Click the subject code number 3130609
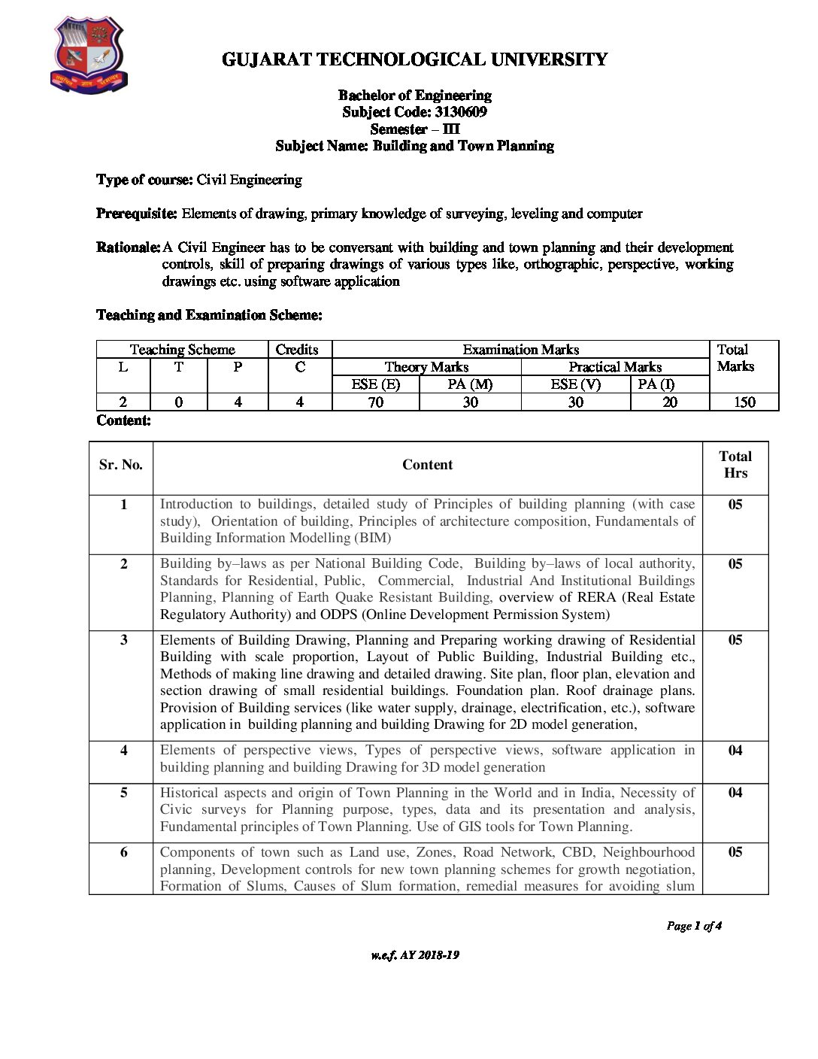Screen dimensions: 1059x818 click(x=460, y=112)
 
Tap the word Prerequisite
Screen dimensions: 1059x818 click(x=136, y=214)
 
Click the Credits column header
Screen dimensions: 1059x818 click(x=297, y=350)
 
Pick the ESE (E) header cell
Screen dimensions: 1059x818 click(x=375, y=384)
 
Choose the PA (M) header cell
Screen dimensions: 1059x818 click(x=469, y=384)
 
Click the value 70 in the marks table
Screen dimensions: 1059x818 click(x=375, y=402)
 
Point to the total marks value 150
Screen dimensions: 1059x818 click(x=744, y=402)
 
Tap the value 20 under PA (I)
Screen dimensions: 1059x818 click(x=669, y=402)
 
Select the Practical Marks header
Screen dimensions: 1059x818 click(x=614, y=367)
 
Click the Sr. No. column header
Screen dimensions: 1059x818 click(x=121, y=465)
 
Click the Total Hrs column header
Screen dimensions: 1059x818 click(x=735, y=465)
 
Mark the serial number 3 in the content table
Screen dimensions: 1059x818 click(x=124, y=640)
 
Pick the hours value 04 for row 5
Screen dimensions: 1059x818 click(x=735, y=793)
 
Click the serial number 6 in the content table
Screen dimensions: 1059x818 click(x=124, y=852)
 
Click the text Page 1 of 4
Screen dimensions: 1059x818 click(x=693, y=926)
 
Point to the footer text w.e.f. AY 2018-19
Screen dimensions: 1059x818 click(x=415, y=955)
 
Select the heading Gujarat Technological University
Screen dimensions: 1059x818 click(x=414, y=60)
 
